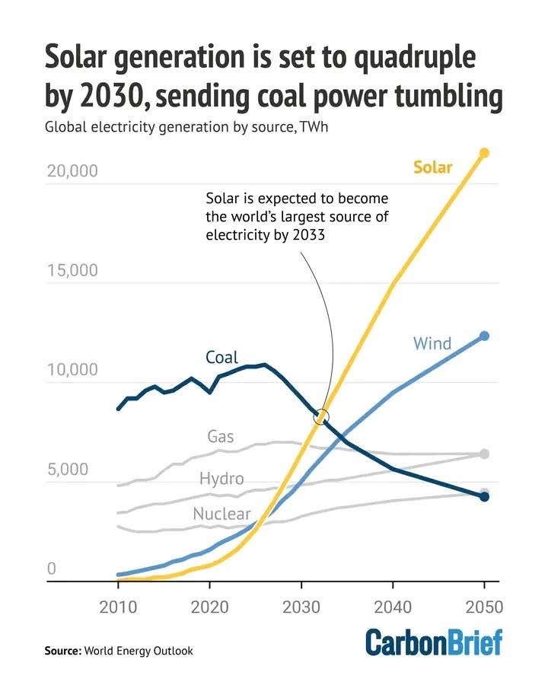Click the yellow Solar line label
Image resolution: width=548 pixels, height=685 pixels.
432,167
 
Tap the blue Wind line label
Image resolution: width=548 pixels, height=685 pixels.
432,343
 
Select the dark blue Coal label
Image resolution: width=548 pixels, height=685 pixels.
221,357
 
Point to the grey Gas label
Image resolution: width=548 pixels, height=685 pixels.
221,437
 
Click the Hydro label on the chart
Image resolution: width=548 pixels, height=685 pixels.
221,479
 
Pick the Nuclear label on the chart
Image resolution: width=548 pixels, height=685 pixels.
221,515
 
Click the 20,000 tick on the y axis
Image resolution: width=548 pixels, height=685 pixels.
72,171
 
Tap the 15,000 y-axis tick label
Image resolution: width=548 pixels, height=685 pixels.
72,272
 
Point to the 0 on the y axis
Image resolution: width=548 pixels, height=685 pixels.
52,569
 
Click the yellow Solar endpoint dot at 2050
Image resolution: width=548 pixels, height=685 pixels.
483,153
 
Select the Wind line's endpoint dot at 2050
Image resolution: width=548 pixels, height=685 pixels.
483,336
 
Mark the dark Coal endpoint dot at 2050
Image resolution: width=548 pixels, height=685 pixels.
483,496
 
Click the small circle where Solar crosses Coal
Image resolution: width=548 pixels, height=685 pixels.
322,416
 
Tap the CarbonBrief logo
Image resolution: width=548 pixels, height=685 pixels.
434,642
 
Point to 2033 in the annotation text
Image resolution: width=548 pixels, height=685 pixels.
307,235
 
